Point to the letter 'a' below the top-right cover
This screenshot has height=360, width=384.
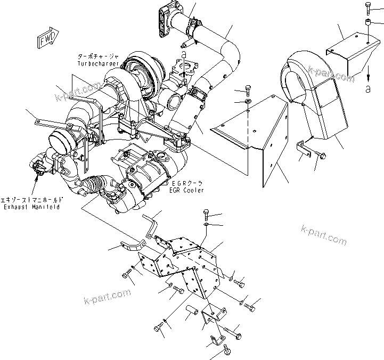(x=368, y=90)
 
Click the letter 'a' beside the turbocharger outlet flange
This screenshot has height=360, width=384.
(x=183, y=56)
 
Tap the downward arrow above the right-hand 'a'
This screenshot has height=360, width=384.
(x=368, y=72)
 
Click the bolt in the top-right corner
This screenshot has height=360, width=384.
(x=367, y=7)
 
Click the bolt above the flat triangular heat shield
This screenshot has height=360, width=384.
(x=248, y=89)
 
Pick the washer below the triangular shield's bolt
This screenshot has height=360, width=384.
(x=248, y=101)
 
